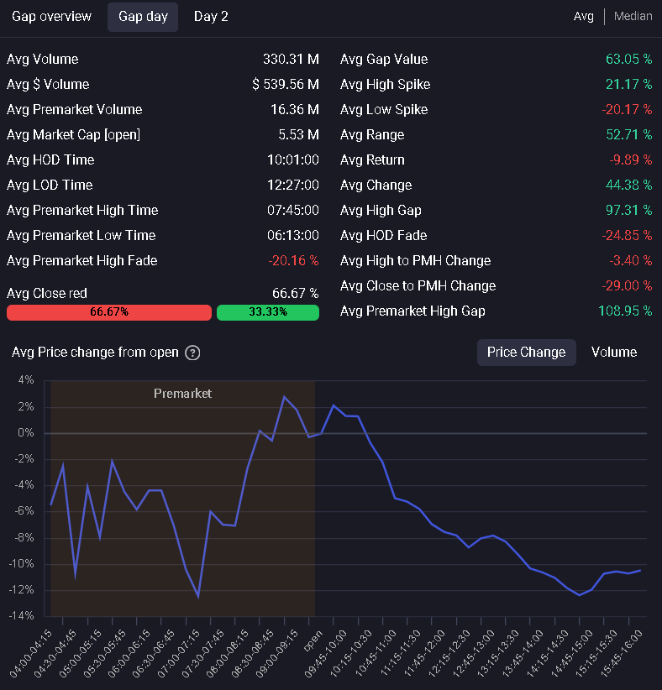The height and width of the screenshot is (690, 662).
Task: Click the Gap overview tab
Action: click(51, 17)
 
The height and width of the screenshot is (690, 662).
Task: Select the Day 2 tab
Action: click(211, 17)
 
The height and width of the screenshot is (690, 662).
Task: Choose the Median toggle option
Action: click(633, 16)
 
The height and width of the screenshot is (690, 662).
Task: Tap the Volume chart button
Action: click(614, 352)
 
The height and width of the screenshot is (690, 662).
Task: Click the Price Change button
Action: click(527, 352)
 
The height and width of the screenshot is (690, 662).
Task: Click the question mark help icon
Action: click(192, 353)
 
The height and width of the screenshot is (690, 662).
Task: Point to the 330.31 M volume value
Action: click(291, 59)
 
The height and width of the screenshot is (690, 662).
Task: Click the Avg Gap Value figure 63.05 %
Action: click(628, 59)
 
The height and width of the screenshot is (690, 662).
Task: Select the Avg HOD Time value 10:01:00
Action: click(293, 159)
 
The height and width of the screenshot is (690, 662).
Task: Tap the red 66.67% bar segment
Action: click(109, 312)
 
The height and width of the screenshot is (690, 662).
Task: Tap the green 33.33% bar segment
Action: click(268, 312)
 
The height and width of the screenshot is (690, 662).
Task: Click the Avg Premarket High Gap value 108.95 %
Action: click(625, 311)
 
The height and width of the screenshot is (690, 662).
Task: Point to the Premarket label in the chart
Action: click(182, 394)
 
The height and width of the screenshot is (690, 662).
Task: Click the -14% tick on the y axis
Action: click(21, 615)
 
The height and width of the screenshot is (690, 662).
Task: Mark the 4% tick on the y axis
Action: click(26, 379)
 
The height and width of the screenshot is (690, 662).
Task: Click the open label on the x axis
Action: click(313, 640)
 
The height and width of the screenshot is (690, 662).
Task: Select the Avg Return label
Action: click(372, 159)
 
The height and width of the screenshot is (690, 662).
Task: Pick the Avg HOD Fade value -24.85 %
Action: click(627, 235)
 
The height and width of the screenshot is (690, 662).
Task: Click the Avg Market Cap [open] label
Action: click(74, 134)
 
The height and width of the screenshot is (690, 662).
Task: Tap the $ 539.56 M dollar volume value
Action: click(286, 84)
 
